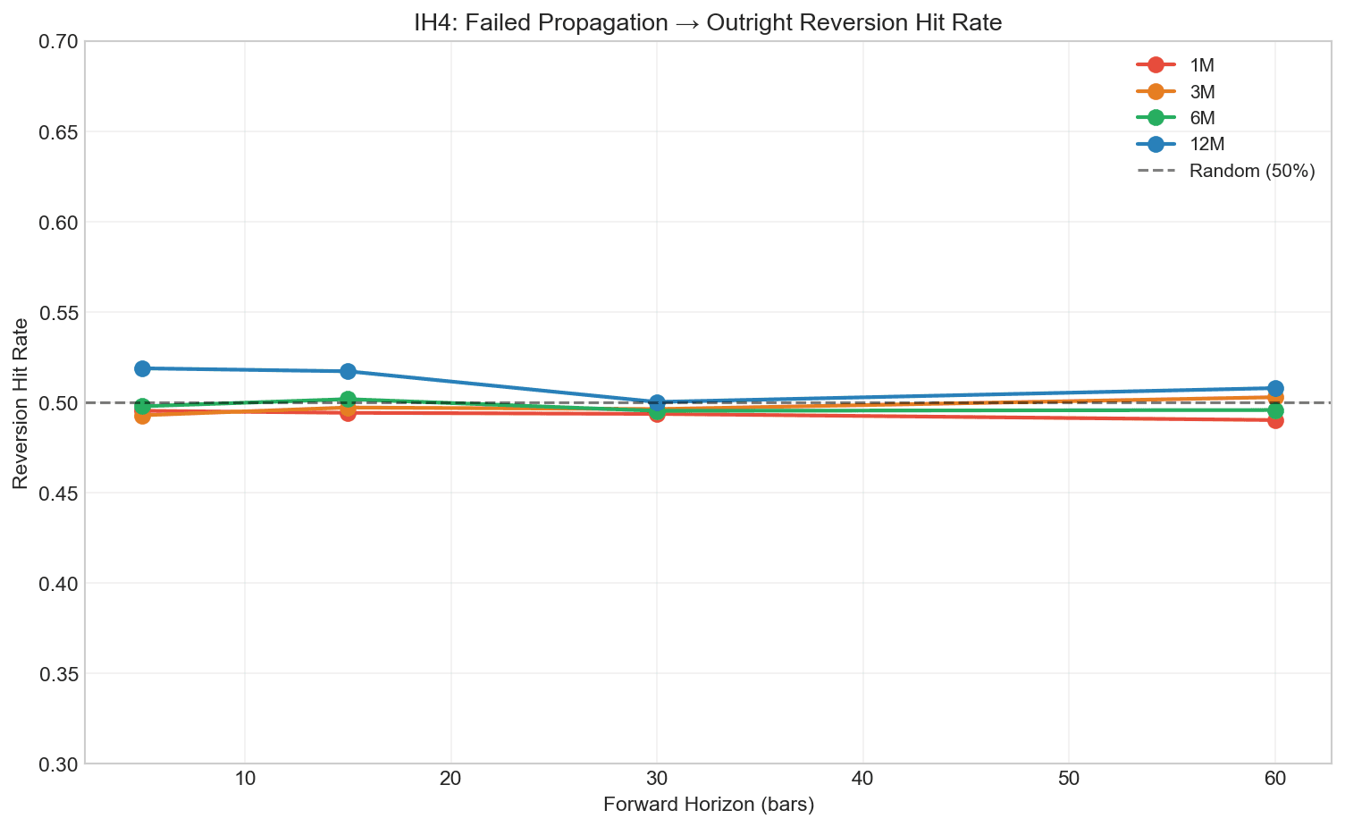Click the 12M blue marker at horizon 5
point(142,368)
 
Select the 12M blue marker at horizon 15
point(348,371)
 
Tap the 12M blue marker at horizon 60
point(1275,389)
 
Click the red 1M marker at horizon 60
point(1275,420)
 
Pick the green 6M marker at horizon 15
point(348,399)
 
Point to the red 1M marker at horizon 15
point(348,413)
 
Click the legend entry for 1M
point(1201,65)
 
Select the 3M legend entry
point(1201,91)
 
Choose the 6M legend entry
point(1201,118)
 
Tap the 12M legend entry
point(1205,144)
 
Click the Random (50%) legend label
point(1251,171)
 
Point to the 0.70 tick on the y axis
point(58,41)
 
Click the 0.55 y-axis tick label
point(58,313)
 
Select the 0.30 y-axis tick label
point(58,764)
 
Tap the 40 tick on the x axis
point(862,779)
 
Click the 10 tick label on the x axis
point(245,779)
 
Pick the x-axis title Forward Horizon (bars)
point(709,805)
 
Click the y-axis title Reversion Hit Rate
point(21,403)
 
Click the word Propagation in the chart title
point(605,23)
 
